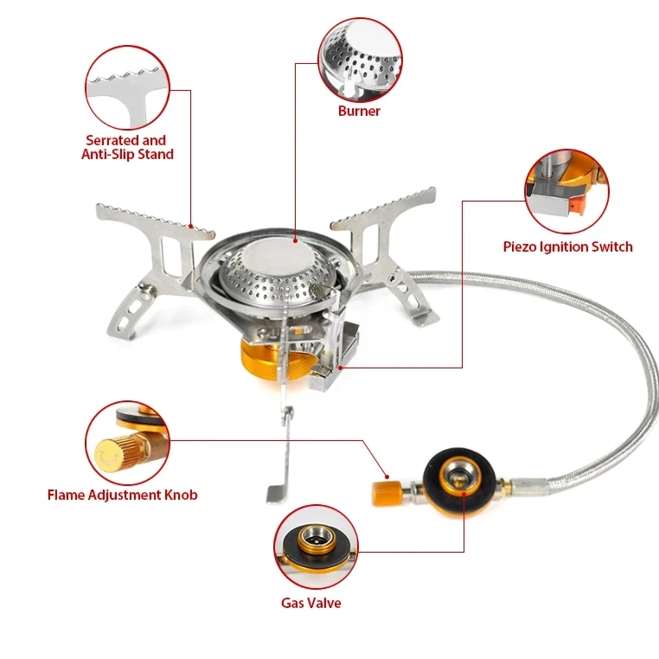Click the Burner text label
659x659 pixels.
coord(359,111)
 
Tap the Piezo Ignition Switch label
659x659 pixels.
coord(567,246)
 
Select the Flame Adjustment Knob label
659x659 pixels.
coord(122,495)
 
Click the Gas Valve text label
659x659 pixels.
coord(310,603)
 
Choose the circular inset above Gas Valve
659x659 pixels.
coord(316,548)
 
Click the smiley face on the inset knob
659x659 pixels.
coord(108,452)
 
